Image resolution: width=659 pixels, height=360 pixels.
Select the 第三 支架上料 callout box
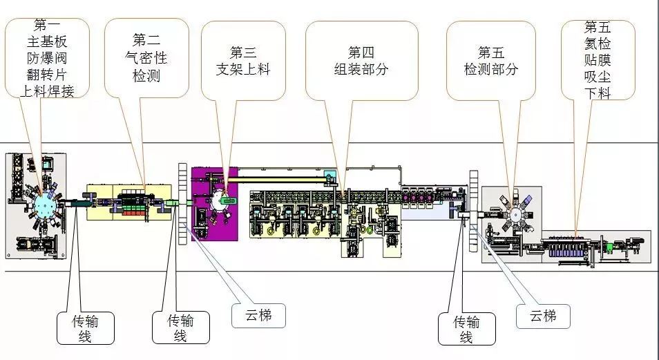click(x=244, y=61)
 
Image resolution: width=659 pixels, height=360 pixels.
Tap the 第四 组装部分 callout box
click(x=361, y=61)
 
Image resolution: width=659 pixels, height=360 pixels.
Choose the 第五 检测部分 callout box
click(x=490, y=61)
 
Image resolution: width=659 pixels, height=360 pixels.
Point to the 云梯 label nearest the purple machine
click(x=256, y=316)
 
